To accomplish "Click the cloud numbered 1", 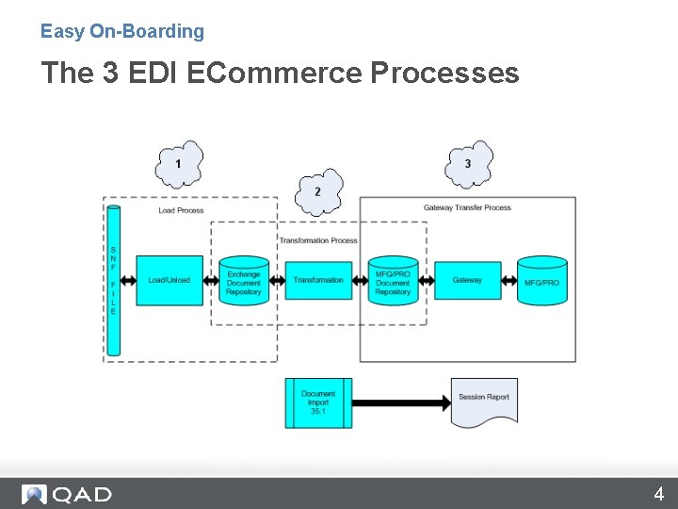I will coord(179,164).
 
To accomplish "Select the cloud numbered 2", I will coord(318,192).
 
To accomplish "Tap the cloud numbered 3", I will coord(469,164).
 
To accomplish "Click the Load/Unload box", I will coord(169,280).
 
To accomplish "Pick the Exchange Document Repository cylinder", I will coord(244,280).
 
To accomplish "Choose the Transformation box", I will coord(318,280).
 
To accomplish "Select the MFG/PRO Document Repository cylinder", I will coord(393,280).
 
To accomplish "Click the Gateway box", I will coord(467,280).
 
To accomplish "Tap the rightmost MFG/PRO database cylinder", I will coord(542,280).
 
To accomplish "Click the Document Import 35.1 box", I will coord(318,402).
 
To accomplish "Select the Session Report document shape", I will coord(484,401).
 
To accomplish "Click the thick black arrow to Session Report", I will coord(401,403).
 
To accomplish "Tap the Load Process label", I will coord(181,210).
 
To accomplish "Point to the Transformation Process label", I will coord(318,240).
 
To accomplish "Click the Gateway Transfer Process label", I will coord(467,207).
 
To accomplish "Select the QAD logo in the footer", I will coord(68,494).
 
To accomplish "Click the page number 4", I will coord(659,494).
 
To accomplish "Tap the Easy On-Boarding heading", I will coord(122,31).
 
